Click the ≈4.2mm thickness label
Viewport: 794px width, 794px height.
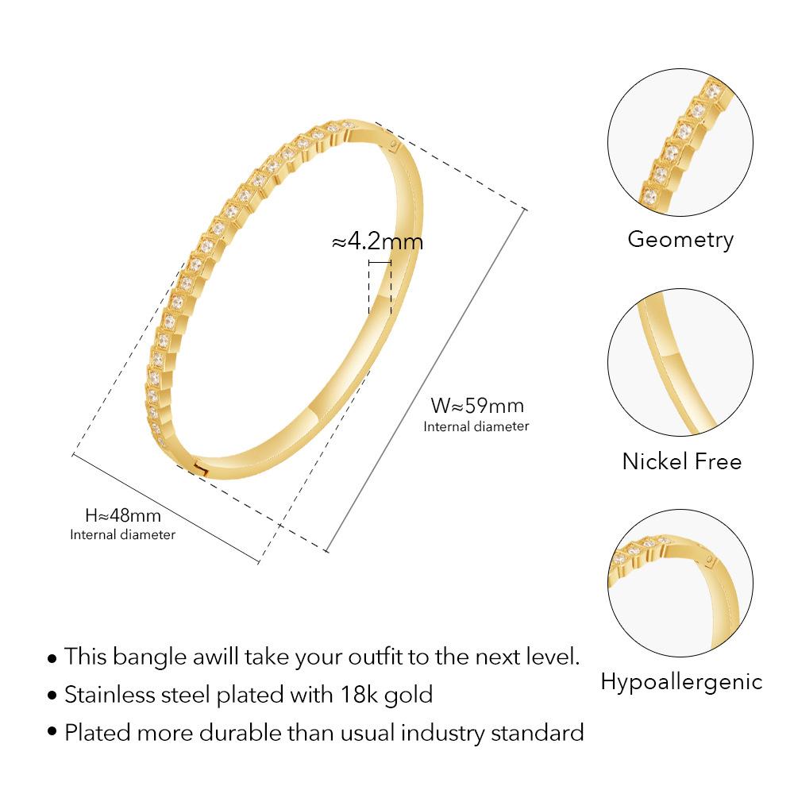(x=377, y=241)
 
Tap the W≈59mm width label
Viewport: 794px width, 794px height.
(x=477, y=406)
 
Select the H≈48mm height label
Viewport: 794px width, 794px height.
(x=123, y=516)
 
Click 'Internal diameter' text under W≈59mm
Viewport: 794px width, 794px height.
(x=476, y=426)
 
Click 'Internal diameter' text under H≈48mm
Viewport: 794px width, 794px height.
(x=123, y=534)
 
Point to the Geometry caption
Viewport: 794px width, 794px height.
(x=680, y=239)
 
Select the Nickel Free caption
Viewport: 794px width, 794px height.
(x=681, y=461)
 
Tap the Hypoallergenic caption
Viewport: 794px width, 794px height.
(x=681, y=681)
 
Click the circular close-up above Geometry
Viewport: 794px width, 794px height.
(x=680, y=143)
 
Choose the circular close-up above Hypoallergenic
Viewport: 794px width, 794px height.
(x=680, y=584)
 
